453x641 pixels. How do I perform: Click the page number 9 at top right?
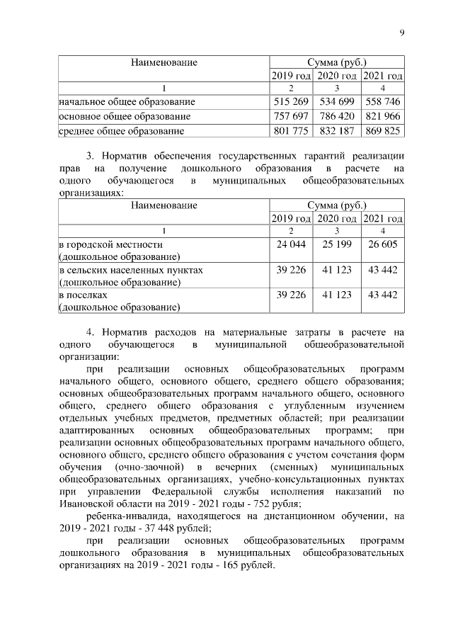(x=401, y=33)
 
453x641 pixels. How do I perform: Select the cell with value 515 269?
(x=289, y=102)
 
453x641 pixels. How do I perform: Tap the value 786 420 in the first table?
(x=336, y=116)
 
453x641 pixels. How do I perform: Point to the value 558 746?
(x=383, y=102)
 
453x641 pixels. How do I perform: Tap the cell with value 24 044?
(x=289, y=244)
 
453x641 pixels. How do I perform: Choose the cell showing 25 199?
(x=336, y=244)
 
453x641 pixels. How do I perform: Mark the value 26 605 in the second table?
(x=383, y=244)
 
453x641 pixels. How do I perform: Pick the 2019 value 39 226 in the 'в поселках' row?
(x=289, y=295)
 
